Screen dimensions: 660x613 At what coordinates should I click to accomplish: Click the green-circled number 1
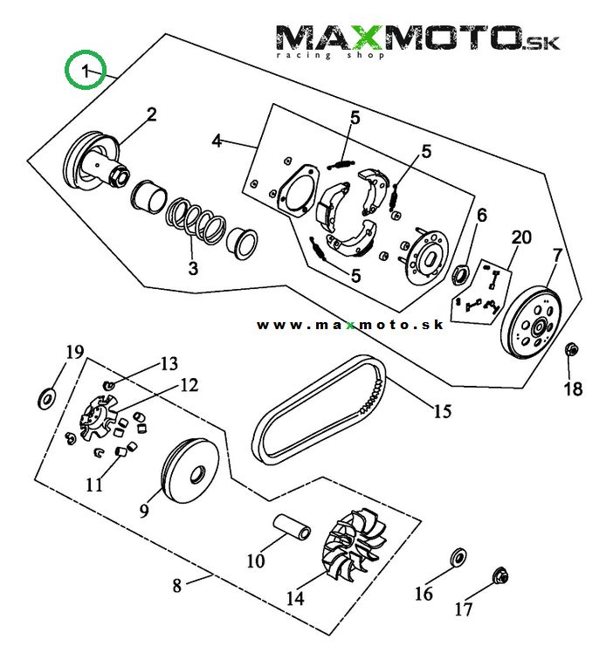tap(86, 70)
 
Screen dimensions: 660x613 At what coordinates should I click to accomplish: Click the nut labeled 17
tap(501, 576)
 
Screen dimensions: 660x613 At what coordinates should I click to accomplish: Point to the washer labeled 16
tap(455, 557)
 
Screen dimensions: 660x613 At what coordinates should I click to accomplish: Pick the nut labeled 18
tap(571, 350)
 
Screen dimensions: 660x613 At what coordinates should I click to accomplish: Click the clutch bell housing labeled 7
tap(534, 322)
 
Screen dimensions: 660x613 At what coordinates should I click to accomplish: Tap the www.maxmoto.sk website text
tap(350, 325)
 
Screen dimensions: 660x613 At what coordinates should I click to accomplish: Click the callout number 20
tap(521, 237)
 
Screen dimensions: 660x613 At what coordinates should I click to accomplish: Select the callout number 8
tap(177, 586)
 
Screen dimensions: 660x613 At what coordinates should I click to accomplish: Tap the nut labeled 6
tap(461, 274)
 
